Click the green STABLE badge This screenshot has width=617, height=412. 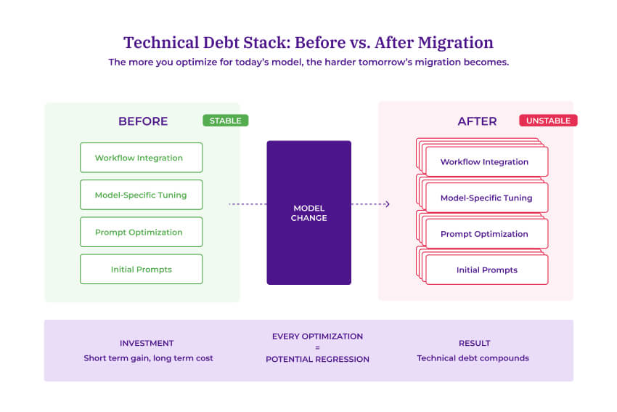[225, 121]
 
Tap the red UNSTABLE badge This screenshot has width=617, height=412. [548, 121]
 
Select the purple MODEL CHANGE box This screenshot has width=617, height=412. [308, 212]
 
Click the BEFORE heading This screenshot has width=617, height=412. [143, 121]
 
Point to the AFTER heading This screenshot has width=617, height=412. [477, 121]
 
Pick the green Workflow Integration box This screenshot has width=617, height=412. [141, 158]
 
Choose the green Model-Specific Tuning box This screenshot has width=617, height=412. [141, 195]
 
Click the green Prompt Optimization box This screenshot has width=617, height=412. [141, 233]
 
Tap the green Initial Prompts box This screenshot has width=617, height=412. [141, 270]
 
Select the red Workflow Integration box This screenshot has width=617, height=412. [486, 162]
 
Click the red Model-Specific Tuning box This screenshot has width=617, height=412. [486, 198]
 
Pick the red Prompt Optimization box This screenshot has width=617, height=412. [486, 234]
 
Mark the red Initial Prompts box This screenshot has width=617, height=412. [486, 270]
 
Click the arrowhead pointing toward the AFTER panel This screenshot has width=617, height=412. [388, 204]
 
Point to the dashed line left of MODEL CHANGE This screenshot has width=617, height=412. [247, 204]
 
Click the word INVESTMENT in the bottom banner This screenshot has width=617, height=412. [147, 343]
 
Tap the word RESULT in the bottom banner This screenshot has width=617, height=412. [474, 343]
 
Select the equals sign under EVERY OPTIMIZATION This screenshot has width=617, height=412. [317, 348]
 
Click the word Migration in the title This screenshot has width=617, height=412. [454, 42]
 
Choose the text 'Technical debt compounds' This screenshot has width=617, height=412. [473, 358]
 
